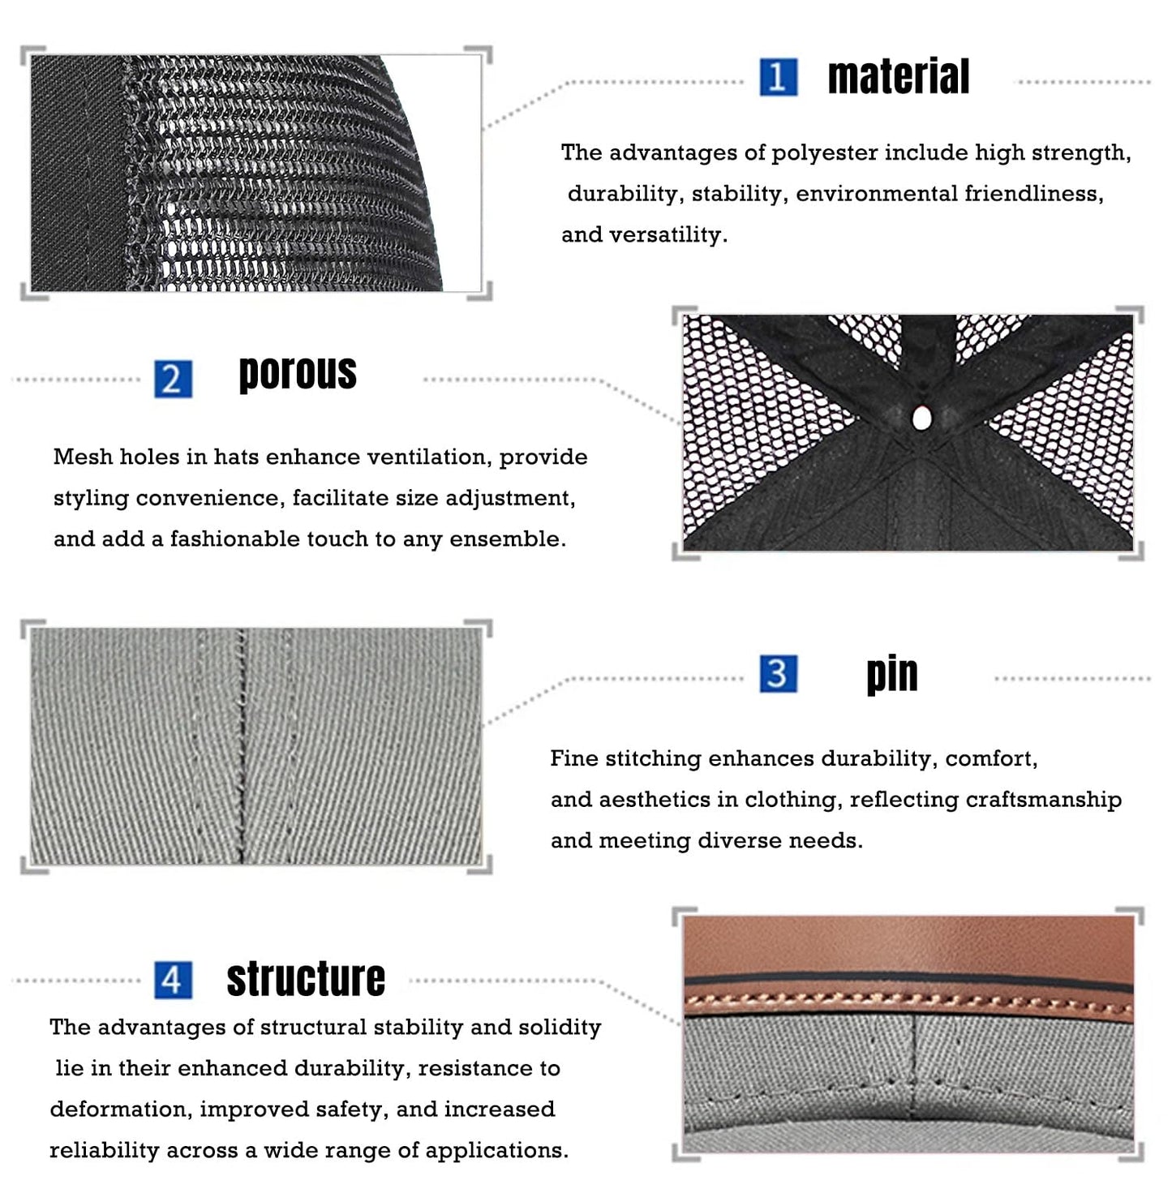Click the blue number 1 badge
[x=779, y=77]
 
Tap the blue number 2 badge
[x=173, y=379]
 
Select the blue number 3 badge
[x=779, y=674]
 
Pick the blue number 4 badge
[x=173, y=980]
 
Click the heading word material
[x=898, y=77]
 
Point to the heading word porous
[x=298, y=374]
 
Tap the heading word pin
[x=892, y=676]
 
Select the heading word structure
[x=306, y=979]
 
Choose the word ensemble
[x=507, y=539]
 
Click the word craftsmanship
[x=1043, y=801]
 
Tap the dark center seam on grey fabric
[x=242, y=746]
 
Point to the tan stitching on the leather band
[x=908, y=998]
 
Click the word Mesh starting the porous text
[x=83, y=457]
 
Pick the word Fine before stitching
[x=574, y=758]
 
